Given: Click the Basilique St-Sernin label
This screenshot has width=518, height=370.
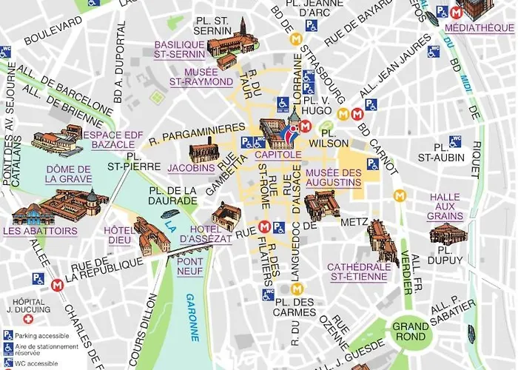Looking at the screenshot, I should click(x=180, y=49).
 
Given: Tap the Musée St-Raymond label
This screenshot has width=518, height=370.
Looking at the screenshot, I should click(x=201, y=76).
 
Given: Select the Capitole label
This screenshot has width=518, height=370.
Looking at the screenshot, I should click(x=277, y=155).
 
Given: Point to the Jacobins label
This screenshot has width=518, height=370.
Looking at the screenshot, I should click(x=191, y=168).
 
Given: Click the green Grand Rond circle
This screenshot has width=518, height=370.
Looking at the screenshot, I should click(x=410, y=331).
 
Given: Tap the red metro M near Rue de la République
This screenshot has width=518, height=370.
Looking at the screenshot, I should click(x=58, y=282).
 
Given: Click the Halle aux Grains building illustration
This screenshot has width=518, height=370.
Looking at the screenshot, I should click(x=446, y=236).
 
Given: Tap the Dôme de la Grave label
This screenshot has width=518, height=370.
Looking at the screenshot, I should click(x=68, y=174).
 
